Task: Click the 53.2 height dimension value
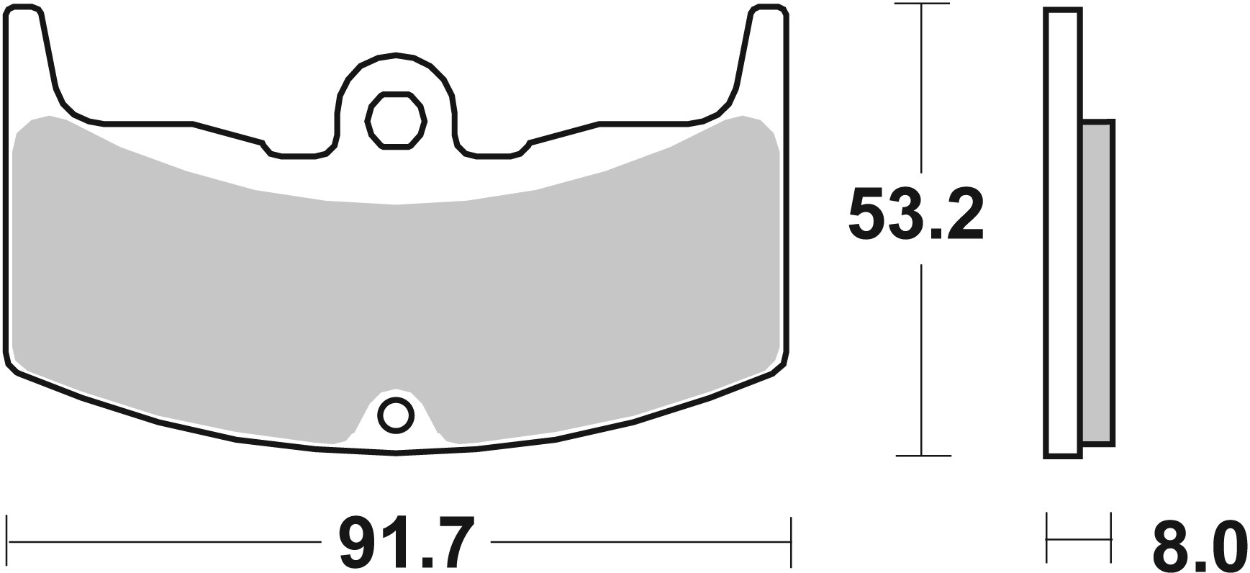(915, 215)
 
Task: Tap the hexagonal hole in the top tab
(395, 120)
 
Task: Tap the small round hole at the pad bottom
(395, 415)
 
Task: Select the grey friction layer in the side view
(1097, 282)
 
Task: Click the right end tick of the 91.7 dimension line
(790, 541)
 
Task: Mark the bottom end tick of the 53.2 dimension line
(923, 456)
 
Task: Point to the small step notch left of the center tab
(266, 147)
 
